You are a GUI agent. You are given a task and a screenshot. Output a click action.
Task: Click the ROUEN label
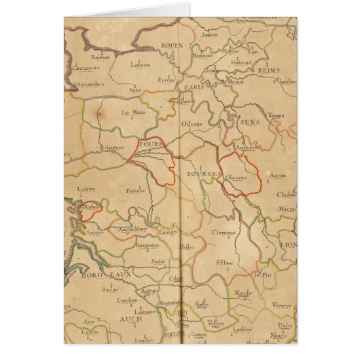pyautogui.click(x=173, y=46)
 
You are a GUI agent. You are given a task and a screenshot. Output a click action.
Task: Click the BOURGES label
pyautogui.click(x=202, y=174)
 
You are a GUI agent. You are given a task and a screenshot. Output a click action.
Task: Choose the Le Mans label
pyautogui.click(x=134, y=113)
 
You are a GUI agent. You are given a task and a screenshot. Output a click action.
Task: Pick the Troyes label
pyautogui.click(x=276, y=116)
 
